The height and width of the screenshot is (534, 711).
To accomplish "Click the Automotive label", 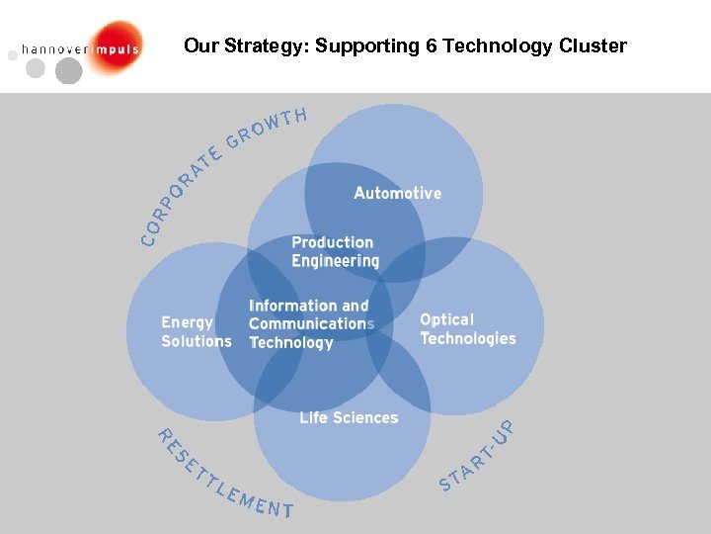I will (397, 193).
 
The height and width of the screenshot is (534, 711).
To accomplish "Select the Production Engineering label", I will (335, 252).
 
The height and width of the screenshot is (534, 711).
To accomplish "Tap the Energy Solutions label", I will (196, 332).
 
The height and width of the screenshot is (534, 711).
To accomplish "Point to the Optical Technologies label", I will (467, 329).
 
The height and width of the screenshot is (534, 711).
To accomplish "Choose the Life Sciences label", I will (349, 417).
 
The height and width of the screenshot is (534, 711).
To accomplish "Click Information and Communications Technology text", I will (310, 324).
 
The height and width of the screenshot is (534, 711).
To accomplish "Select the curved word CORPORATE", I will (178, 194).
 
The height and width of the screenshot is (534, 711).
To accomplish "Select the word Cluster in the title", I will (590, 46).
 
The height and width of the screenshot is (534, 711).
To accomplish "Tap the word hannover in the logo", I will (54, 47).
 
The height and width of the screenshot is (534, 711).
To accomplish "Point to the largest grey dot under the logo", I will (68, 71).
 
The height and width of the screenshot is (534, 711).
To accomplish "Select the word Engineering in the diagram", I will (335, 261).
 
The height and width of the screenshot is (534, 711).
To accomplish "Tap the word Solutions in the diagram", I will (196, 341).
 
